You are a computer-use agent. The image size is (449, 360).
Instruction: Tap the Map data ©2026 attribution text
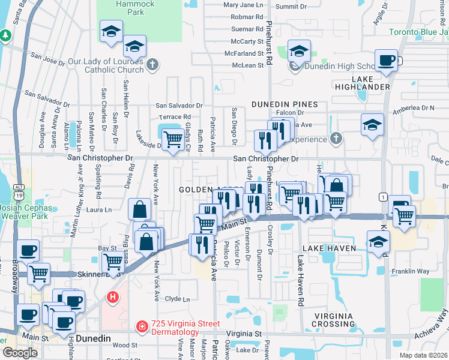(x=423, y=355)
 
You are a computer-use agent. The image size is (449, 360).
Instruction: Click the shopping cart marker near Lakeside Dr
(x=173, y=139)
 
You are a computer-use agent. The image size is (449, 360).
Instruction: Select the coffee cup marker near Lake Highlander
(x=386, y=60)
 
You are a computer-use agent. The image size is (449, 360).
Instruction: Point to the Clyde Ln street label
(x=177, y=299)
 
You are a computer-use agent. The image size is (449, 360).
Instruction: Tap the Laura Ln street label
(x=100, y=210)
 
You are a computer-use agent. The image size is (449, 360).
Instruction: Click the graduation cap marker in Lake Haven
(x=378, y=242)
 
